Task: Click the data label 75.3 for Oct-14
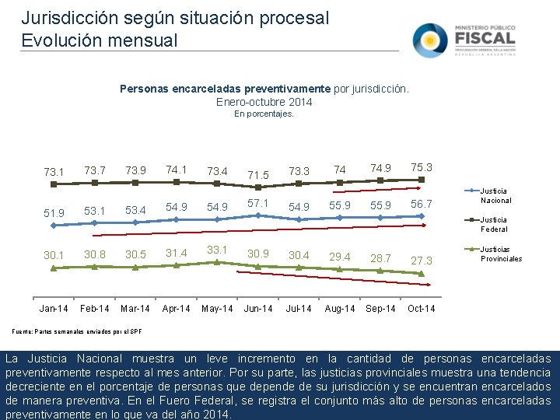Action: click(421, 167)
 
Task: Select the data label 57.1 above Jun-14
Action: click(257, 203)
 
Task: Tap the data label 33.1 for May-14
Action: click(217, 250)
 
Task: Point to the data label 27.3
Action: click(421, 260)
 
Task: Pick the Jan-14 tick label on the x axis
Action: click(54, 309)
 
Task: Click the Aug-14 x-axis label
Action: click(339, 309)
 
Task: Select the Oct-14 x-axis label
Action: click(421, 309)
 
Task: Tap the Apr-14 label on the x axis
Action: click(176, 309)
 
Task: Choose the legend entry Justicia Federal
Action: click(494, 224)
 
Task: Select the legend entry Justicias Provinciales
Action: click(501, 254)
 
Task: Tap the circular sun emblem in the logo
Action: click(430, 40)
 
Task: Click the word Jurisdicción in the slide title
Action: click(61, 17)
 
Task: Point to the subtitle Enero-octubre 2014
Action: click(264, 102)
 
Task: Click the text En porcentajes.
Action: click(264, 114)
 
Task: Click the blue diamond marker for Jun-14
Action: click(257, 215)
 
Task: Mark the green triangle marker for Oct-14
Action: click(421, 274)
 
